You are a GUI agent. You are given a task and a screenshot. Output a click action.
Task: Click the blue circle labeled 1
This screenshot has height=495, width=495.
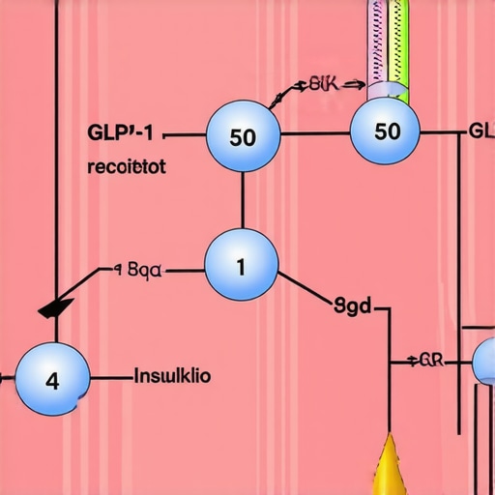(x=242, y=264)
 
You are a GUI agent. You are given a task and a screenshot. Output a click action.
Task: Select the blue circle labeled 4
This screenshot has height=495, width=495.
(x=52, y=378)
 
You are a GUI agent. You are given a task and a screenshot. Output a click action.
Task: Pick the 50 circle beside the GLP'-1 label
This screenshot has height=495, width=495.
(x=243, y=136)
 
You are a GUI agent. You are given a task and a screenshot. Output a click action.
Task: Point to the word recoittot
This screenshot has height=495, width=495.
(x=126, y=166)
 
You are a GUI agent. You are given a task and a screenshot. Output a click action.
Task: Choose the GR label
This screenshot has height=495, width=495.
(x=431, y=362)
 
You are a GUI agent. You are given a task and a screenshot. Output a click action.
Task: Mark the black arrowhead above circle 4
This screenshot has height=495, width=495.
(x=55, y=306)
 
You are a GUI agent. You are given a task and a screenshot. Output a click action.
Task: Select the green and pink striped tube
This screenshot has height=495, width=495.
(x=386, y=44)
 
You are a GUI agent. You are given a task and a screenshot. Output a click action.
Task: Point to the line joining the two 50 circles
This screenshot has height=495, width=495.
(x=314, y=132)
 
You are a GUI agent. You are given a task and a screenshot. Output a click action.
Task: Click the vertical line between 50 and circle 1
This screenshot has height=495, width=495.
(x=242, y=199)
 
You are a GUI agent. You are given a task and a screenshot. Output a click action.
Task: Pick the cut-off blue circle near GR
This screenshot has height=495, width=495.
(x=484, y=361)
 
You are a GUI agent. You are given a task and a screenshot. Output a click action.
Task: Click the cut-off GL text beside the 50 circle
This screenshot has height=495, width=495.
(x=481, y=131)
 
